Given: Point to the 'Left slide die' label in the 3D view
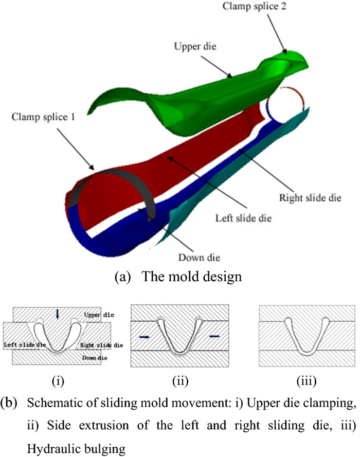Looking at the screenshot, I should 243,218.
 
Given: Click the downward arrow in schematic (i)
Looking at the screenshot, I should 58,314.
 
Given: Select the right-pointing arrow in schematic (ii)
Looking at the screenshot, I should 146,337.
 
